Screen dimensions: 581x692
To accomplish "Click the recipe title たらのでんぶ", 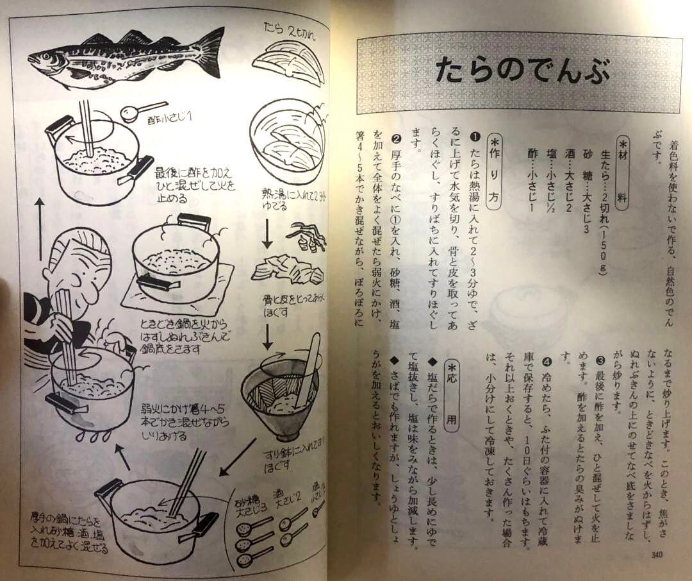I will (518, 71).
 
